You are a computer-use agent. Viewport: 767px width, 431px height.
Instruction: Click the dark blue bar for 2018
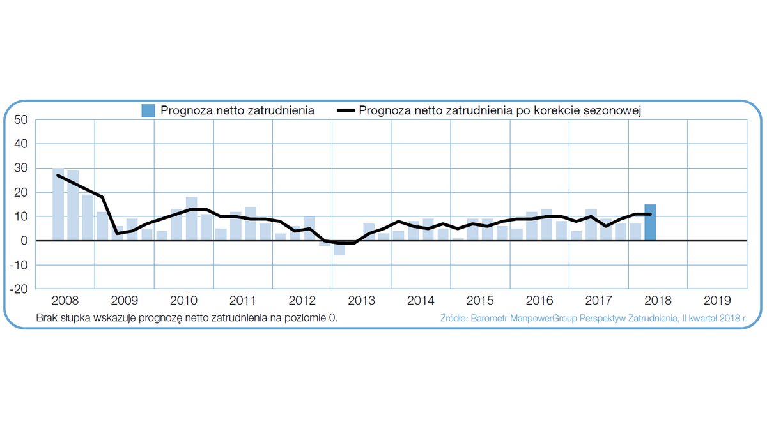[x=650, y=222]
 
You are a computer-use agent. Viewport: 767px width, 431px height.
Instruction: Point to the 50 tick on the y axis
[x=21, y=120]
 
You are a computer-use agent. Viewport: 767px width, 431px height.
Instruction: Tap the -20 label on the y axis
[x=19, y=289]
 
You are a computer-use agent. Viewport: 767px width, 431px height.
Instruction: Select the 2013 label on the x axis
[x=361, y=300]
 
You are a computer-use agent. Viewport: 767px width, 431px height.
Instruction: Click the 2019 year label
[x=717, y=300]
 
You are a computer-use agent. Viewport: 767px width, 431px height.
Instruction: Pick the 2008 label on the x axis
[x=65, y=300]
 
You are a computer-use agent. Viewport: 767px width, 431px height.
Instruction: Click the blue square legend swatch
[x=148, y=110]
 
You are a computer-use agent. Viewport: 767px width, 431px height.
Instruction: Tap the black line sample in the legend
[x=346, y=110]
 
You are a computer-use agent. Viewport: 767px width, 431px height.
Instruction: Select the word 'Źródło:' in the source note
[x=454, y=317]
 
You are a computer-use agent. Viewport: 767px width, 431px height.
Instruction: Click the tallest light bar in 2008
[x=58, y=204]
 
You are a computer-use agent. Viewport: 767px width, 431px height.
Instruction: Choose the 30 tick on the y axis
[x=21, y=169]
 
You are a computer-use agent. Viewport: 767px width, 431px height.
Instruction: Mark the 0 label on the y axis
[x=24, y=241]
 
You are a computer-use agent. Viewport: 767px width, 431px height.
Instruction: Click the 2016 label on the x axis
[x=539, y=300]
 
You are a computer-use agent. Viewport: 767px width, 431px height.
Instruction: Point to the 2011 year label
[x=243, y=300]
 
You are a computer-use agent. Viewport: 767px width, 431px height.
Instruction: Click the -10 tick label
[x=19, y=265]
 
